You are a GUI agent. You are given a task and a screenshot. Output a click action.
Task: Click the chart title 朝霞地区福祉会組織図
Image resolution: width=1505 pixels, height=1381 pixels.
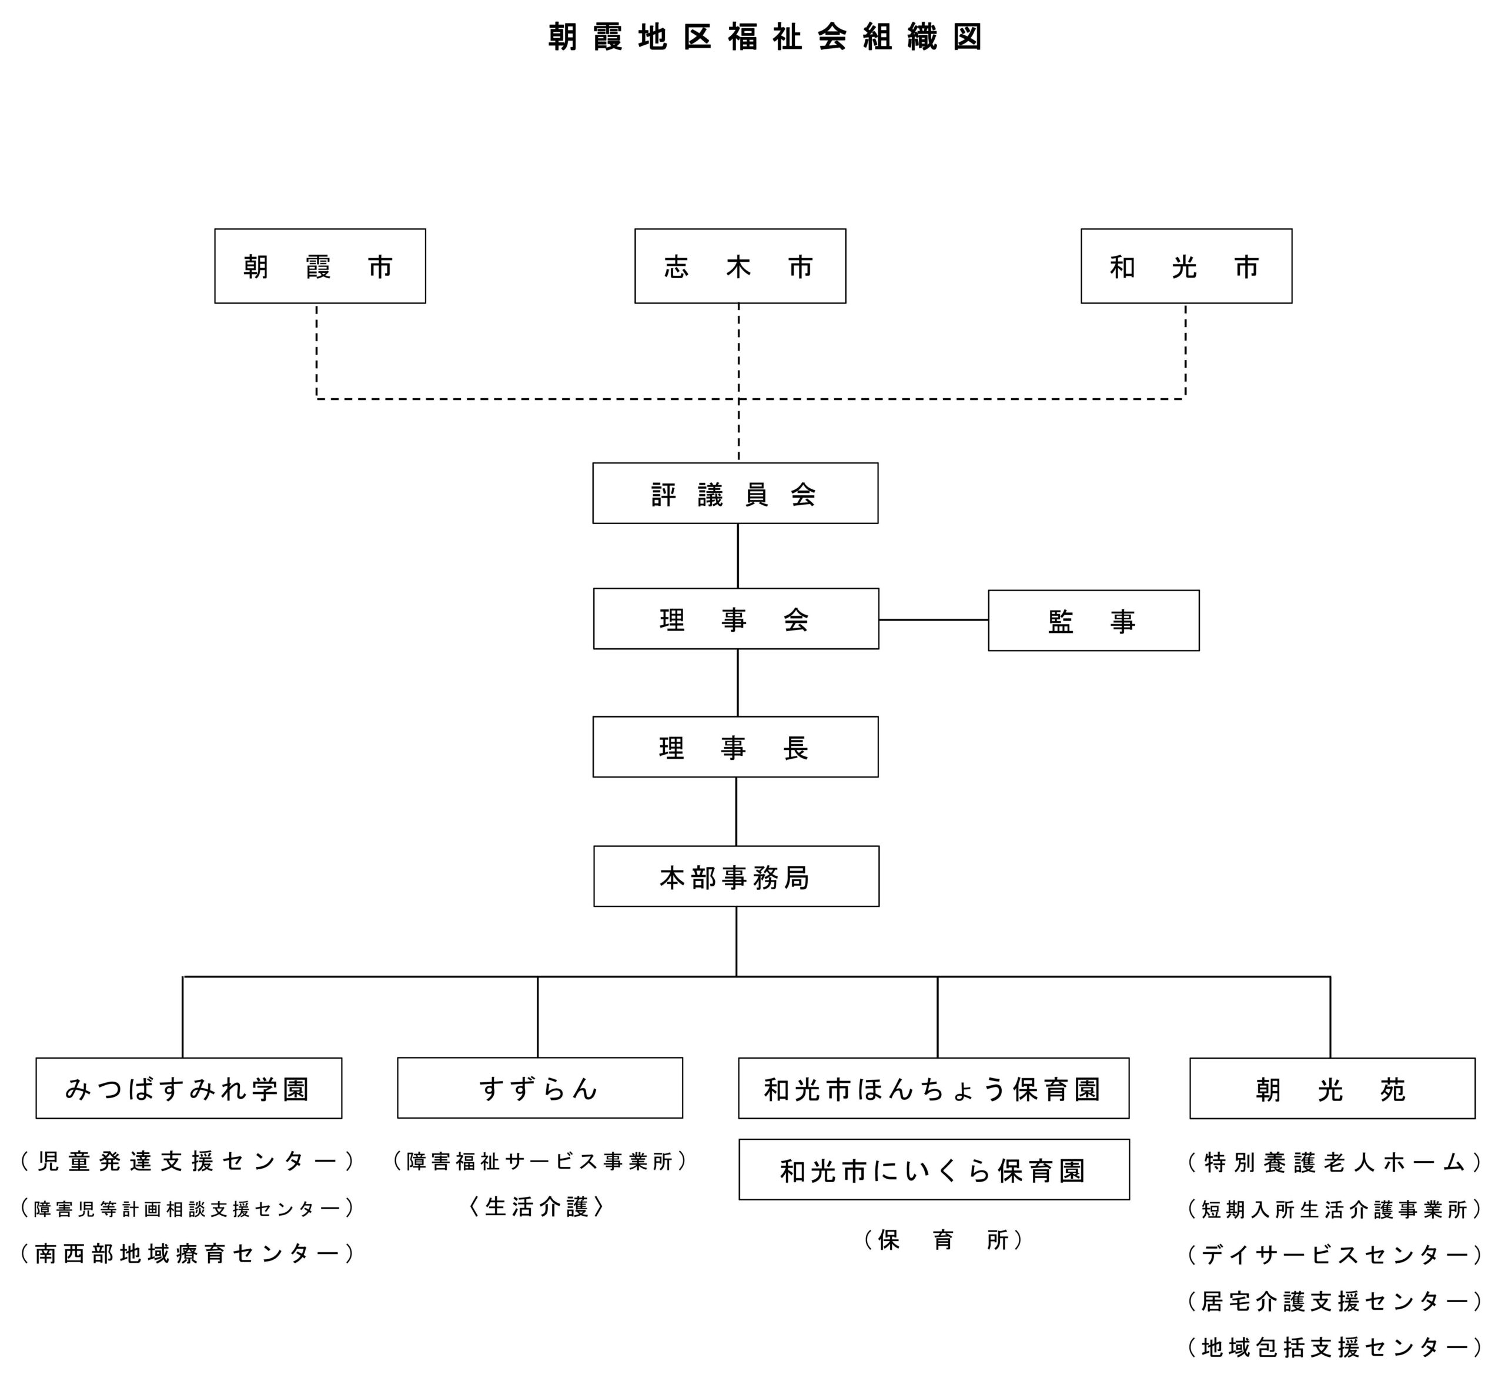click(x=764, y=36)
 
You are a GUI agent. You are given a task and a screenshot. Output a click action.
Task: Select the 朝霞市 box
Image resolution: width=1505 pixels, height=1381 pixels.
click(x=320, y=266)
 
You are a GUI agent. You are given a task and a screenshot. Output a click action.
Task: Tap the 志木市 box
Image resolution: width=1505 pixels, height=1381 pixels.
click(x=740, y=266)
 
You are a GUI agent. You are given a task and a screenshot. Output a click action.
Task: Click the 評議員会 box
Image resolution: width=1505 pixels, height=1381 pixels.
click(x=735, y=493)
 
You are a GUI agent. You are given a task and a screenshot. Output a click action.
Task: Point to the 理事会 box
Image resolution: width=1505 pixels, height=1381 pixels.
click(x=735, y=619)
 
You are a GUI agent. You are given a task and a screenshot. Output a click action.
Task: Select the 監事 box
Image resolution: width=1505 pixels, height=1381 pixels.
click(x=1093, y=621)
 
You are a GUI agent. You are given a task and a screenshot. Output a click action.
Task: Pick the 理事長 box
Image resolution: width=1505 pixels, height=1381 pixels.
click(x=735, y=746)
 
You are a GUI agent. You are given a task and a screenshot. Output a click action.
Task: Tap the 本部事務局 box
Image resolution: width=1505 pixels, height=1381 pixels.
click(x=735, y=876)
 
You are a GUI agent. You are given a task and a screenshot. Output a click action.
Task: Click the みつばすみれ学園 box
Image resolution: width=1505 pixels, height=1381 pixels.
click(x=188, y=1088)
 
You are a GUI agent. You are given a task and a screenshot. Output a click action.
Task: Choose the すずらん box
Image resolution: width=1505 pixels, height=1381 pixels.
click(x=539, y=1088)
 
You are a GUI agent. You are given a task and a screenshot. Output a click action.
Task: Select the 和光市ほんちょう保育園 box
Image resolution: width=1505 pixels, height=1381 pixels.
click(x=933, y=1088)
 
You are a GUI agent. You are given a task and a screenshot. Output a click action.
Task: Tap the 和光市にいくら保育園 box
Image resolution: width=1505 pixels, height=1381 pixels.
click(x=934, y=1169)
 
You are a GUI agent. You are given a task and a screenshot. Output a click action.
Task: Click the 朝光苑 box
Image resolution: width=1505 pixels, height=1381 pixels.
click(x=1332, y=1088)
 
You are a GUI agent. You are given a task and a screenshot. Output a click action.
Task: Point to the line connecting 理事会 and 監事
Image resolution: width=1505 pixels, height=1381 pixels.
click(x=933, y=619)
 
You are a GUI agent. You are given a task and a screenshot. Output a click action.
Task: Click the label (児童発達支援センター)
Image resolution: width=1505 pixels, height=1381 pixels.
click(x=187, y=1160)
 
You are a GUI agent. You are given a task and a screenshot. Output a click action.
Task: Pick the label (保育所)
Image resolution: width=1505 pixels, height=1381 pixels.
click(x=942, y=1240)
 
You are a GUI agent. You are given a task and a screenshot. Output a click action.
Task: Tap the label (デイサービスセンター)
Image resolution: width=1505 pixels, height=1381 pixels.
click(x=1334, y=1255)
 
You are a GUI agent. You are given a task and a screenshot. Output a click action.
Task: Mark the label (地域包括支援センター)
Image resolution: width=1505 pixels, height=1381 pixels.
click(x=1334, y=1347)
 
